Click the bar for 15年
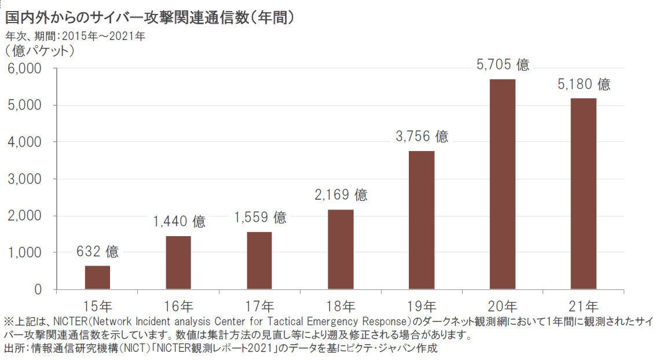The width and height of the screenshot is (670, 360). [x=97, y=277]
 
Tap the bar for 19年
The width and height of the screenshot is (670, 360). [x=422, y=220]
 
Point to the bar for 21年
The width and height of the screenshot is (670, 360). [x=583, y=194]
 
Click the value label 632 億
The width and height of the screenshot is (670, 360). [x=97, y=252]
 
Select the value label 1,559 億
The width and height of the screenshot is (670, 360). [x=260, y=218]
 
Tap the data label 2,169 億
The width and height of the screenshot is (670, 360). [x=341, y=195]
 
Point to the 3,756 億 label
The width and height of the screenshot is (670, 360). [x=422, y=137]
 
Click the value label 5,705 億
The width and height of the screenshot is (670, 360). [x=503, y=65]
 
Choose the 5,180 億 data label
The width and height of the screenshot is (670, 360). [x=584, y=85]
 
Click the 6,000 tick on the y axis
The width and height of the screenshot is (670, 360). [x=24, y=69]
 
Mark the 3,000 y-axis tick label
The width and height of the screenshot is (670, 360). [x=24, y=179]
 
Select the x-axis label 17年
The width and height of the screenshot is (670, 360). [x=260, y=306]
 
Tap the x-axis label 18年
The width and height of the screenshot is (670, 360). [x=341, y=306]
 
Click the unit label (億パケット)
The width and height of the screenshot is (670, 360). [x=40, y=51]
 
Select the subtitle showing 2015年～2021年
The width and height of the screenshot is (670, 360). [x=75, y=36]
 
